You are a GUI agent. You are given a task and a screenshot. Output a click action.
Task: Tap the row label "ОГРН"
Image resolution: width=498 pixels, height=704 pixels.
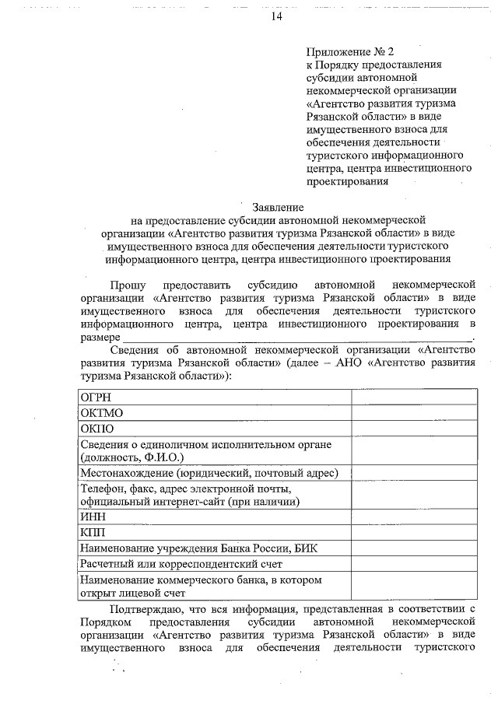(96, 397)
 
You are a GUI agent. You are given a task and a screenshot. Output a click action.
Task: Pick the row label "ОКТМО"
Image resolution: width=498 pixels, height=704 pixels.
(102, 412)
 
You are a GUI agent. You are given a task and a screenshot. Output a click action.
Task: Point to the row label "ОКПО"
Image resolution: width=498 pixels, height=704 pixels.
(98, 428)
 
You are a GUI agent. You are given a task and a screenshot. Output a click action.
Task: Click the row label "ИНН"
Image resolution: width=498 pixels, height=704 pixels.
(93, 517)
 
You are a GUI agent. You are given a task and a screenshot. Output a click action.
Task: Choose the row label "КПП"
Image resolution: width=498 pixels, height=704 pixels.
(93, 533)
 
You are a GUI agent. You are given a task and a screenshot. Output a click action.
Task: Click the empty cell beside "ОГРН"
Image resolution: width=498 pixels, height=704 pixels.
(414, 397)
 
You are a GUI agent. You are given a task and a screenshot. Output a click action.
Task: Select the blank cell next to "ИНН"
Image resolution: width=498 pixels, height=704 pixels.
(414, 517)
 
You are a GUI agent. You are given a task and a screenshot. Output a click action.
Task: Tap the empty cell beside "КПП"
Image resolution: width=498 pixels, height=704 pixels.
(414, 533)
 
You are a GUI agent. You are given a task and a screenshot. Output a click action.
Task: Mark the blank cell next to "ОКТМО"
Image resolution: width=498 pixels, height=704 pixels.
(414, 412)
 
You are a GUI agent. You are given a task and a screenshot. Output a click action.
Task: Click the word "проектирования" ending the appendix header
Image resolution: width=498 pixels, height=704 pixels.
(347, 182)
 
